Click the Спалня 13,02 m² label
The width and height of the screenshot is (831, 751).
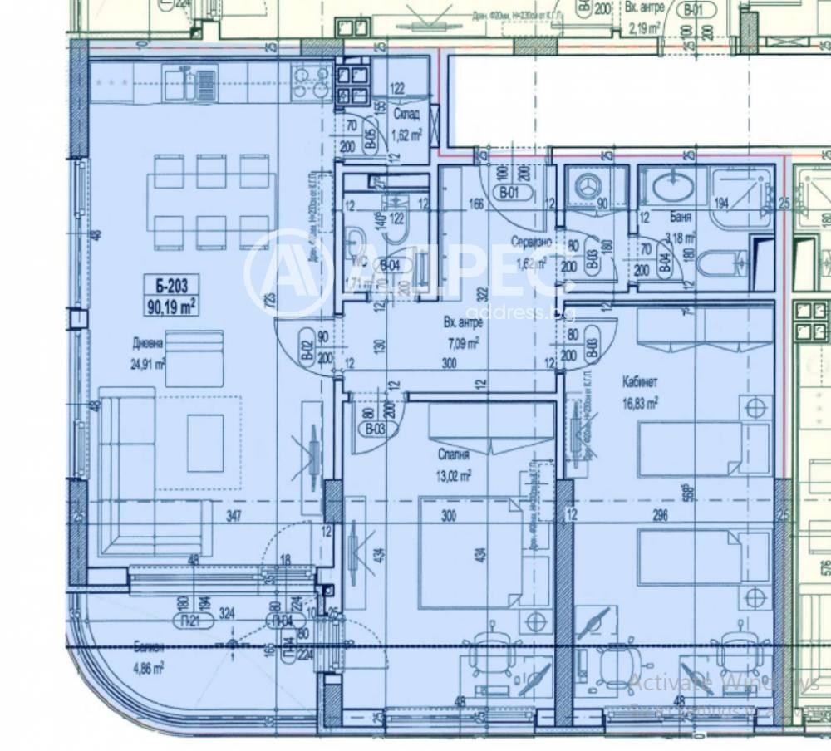click(453, 466)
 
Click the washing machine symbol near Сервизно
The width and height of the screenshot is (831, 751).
click(589, 187)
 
